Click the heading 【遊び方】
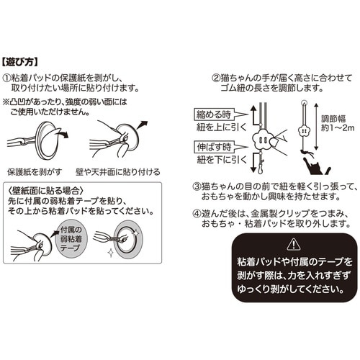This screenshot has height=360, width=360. pyautogui.click(x=26, y=61)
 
